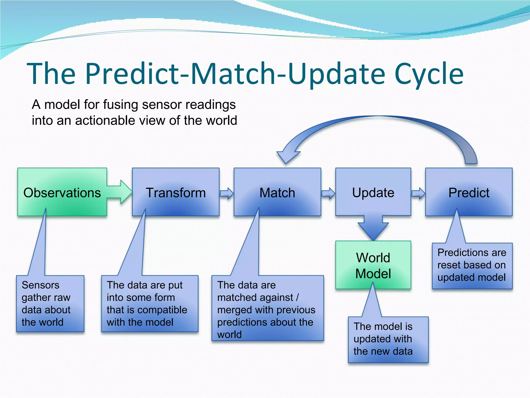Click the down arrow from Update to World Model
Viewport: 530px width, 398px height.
coord(373,228)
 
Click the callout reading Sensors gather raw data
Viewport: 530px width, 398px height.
coord(50,303)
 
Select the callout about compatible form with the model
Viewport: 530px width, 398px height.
coord(150,303)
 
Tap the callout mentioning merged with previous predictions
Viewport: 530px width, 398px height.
coord(267,308)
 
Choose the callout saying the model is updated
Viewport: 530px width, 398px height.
coord(388,339)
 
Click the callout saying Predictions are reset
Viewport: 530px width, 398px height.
coord(472,265)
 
